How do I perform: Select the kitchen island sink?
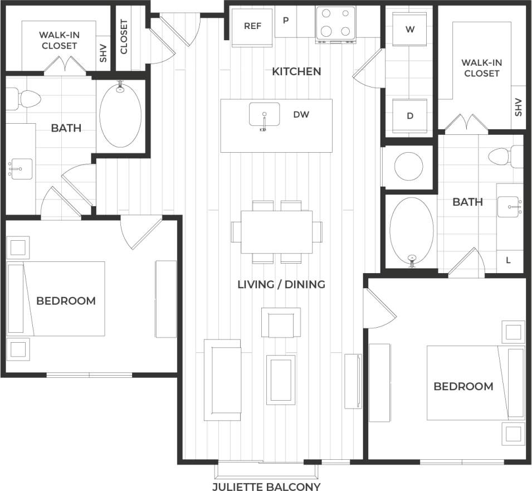coord(264,115)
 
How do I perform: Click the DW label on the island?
coord(301,115)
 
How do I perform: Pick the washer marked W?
coord(410,29)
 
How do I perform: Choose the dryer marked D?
coord(410,116)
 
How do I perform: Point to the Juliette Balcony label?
coord(266,486)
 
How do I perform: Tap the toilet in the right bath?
coord(505,157)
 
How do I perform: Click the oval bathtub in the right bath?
coord(412,230)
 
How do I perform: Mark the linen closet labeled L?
coord(509,260)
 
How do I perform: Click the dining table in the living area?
coord(276,232)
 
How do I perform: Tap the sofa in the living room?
coord(223,380)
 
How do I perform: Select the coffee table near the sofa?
coord(281,380)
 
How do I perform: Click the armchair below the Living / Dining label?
coord(281,322)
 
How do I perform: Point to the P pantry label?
coord(286,21)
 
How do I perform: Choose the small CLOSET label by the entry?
coord(124,37)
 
